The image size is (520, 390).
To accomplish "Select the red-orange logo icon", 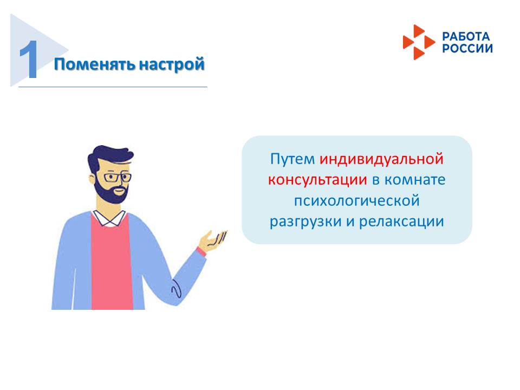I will [x=418, y=42].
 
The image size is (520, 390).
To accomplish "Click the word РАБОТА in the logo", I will [x=466, y=37].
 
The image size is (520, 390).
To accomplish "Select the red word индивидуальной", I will [x=381, y=159].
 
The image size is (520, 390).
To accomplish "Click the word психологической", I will [x=356, y=201].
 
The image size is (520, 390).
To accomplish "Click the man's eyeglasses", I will [x=116, y=177].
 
